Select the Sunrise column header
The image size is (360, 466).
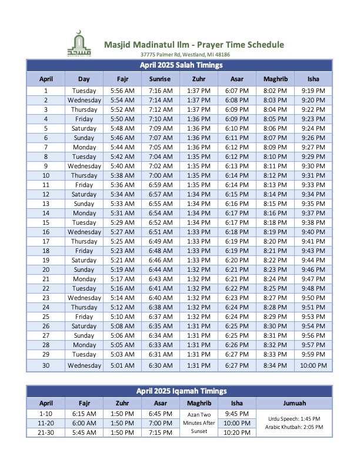pyautogui.click(x=160, y=79)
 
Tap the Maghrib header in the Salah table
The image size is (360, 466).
pyautogui.click(x=275, y=79)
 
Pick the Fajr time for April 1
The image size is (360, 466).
pyautogui.click(x=122, y=91)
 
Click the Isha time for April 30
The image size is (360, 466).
pyautogui.click(x=313, y=365)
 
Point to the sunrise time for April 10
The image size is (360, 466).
pyautogui.click(x=160, y=175)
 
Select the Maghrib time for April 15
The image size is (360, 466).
pyautogui.click(x=275, y=222)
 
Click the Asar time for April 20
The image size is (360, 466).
pyautogui.click(x=236, y=269)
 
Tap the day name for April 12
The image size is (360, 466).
pyautogui.click(x=84, y=194)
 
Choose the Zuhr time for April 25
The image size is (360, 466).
pyautogui.click(x=198, y=317)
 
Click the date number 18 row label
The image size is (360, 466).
pyautogui.click(x=46, y=251)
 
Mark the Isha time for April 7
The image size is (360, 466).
pyautogui.click(x=313, y=147)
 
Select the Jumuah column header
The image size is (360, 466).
pyautogui.click(x=294, y=403)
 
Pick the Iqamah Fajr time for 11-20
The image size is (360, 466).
pyautogui.click(x=84, y=423)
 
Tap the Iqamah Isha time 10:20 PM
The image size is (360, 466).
pyautogui.click(x=236, y=432)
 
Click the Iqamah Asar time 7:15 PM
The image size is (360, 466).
pyautogui.click(x=160, y=432)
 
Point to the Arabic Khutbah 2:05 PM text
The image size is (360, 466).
pyautogui.click(x=294, y=427)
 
